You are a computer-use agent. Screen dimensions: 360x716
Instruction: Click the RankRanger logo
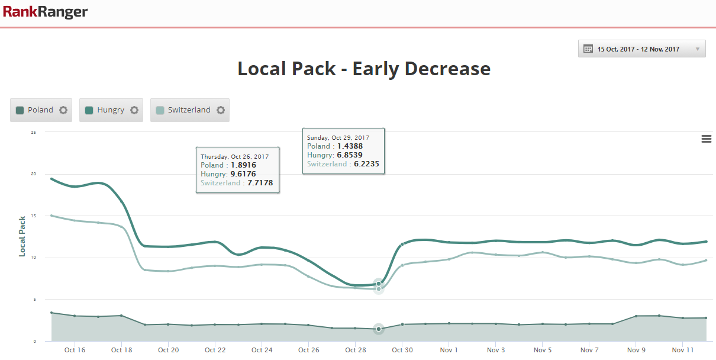pyautogui.click(x=45, y=12)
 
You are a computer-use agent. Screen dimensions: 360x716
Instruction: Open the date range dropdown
pyautogui.click(x=641, y=49)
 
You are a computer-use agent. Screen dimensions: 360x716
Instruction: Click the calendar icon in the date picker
pyautogui.click(x=588, y=49)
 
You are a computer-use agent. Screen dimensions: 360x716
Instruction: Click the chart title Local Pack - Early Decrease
pyautogui.click(x=364, y=69)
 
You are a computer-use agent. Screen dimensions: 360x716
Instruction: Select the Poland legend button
pyautogui.click(x=35, y=110)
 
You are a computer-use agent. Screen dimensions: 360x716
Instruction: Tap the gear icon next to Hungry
pyautogui.click(x=134, y=110)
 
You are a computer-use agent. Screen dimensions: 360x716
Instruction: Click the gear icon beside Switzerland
pyautogui.click(x=221, y=110)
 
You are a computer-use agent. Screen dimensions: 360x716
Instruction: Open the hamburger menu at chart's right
pyautogui.click(x=706, y=139)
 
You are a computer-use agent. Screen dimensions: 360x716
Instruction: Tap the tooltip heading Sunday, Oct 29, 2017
pyautogui.click(x=338, y=137)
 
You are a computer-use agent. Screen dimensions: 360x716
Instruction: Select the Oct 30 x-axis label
pyautogui.click(x=402, y=350)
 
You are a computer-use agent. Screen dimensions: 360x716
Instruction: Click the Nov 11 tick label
pyautogui.click(x=683, y=350)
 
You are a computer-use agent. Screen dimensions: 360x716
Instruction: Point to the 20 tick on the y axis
pyautogui.click(x=34, y=174)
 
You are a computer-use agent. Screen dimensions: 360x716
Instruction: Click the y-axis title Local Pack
pyautogui.click(x=22, y=236)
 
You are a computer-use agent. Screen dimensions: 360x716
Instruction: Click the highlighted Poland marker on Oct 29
pyautogui.click(x=379, y=329)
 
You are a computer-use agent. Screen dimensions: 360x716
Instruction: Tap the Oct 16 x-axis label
pyautogui.click(x=75, y=350)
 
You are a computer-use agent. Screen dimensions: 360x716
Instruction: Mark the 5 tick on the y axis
pyautogui.click(x=35, y=300)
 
